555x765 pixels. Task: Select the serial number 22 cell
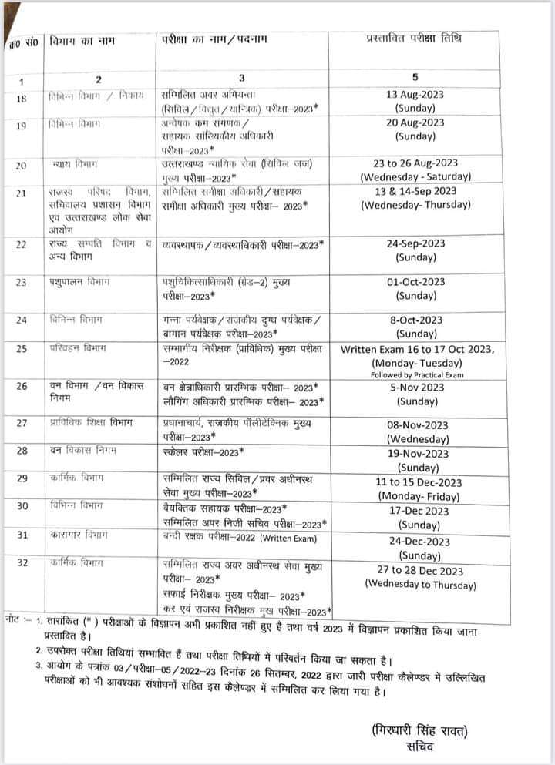[22, 244]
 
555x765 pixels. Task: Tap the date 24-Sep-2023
[416, 243]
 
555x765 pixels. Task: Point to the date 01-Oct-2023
[416, 282]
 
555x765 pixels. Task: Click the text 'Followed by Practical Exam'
[417, 374]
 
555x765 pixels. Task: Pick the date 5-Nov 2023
[416, 388]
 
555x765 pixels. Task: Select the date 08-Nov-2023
[417, 424]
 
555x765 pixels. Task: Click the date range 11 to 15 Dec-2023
[417, 483]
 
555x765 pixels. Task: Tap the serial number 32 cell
[22, 563]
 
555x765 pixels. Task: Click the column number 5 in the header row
[415, 77]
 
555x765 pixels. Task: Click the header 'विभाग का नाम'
[77, 39]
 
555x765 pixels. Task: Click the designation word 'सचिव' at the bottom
[421, 747]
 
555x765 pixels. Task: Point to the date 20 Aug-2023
[415, 122]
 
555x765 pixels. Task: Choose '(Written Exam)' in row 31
[288, 537]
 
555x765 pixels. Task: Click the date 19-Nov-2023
[417, 454]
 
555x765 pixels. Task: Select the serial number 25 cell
[22, 349]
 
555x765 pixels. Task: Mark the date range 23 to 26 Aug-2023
[416, 163]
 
